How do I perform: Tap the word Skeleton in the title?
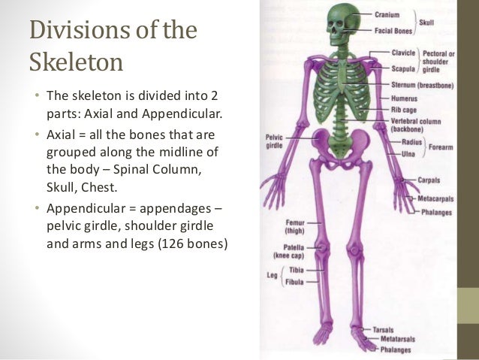[x=75, y=62]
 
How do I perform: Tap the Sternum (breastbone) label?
[x=421, y=84]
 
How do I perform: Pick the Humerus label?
[x=405, y=97]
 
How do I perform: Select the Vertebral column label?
[x=416, y=119]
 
